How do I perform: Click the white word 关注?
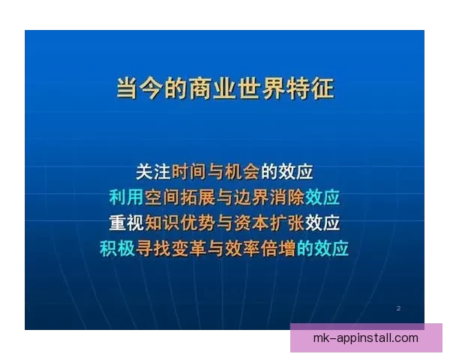click(154, 172)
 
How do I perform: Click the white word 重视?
click(126, 223)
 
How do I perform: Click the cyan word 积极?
click(118, 248)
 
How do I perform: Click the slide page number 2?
click(398, 308)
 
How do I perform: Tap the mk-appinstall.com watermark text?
click(365, 337)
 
